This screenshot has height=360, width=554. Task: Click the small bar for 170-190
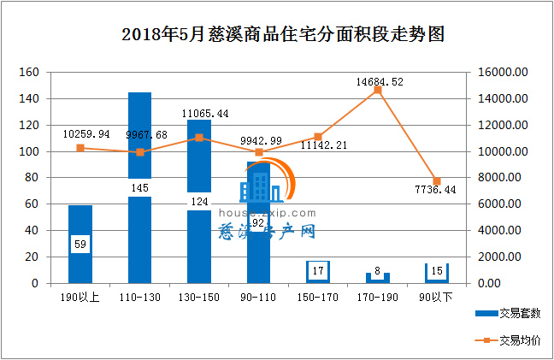378,278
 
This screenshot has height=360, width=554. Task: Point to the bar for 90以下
437,273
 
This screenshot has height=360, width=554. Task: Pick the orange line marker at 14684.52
378,90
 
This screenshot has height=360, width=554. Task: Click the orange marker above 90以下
437,181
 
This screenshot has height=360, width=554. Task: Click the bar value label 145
140,186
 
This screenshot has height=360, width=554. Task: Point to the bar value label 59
80,245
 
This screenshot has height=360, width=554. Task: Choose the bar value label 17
319,272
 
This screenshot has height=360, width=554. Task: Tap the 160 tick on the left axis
29,73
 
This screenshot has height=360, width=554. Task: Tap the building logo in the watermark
256,188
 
